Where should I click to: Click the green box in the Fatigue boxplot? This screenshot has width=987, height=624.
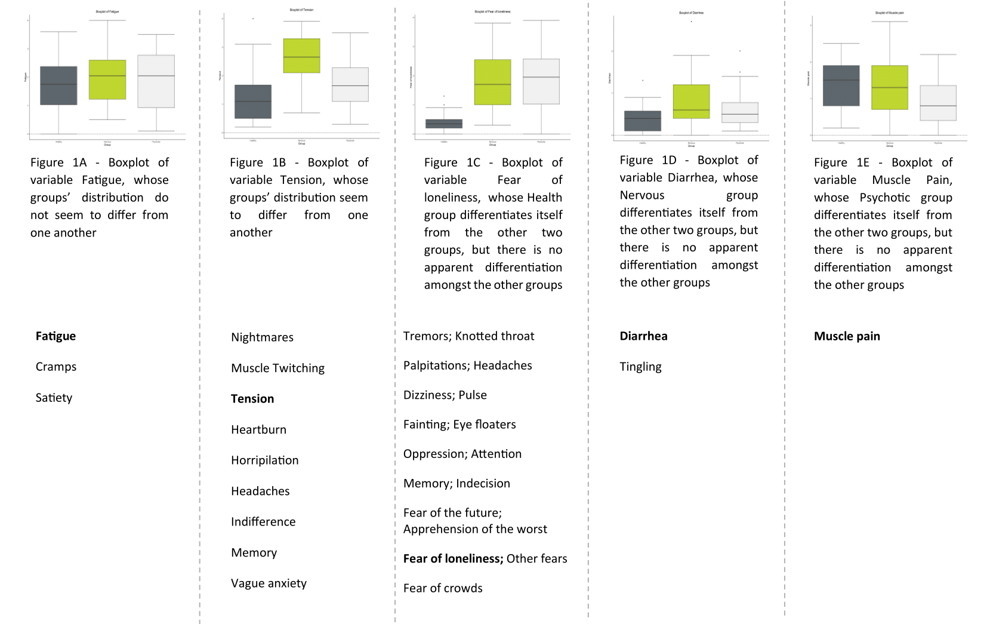tap(107, 79)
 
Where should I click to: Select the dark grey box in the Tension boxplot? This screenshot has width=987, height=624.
tap(253, 102)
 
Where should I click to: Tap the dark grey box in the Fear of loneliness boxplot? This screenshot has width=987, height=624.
tap(444, 124)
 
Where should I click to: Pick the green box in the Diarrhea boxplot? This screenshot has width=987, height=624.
tap(691, 102)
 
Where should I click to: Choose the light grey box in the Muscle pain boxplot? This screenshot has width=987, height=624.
tap(938, 103)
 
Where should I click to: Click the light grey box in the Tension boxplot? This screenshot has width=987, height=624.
tap(350, 84)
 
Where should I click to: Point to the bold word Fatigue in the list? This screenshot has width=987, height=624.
tap(55, 336)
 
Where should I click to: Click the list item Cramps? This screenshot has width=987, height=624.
tap(56, 367)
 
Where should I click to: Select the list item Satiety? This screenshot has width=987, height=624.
tap(54, 398)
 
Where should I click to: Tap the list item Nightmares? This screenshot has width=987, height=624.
tap(262, 337)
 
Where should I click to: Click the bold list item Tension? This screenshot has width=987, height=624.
tap(252, 399)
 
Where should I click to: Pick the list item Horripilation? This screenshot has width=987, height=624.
tap(264, 460)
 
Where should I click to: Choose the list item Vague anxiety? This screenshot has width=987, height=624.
tap(269, 583)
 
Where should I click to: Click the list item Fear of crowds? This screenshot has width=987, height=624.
tap(443, 588)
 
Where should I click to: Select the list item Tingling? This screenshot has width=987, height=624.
tap(640, 367)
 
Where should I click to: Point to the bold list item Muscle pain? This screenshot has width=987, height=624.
tap(847, 336)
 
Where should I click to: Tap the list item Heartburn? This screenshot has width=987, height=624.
tap(258, 430)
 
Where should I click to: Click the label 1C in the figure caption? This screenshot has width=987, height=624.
tap(473, 162)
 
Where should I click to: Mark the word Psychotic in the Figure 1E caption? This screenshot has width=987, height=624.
tap(885, 198)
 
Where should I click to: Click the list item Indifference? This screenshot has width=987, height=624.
tap(263, 522)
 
